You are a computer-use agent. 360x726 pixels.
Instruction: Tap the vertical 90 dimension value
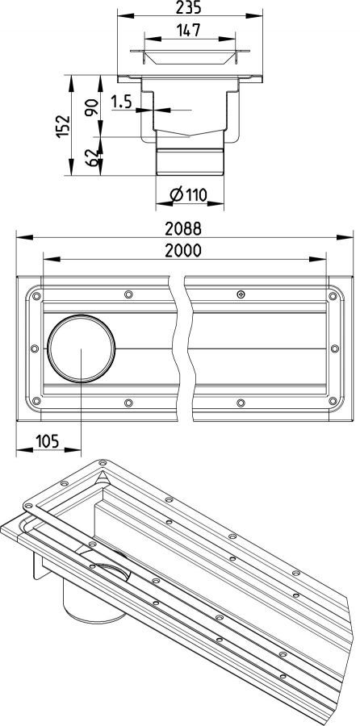click(92, 106)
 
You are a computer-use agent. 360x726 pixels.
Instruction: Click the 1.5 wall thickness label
click(121, 102)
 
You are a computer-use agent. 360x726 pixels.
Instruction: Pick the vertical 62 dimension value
click(92, 157)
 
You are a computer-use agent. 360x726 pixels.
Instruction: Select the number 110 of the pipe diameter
click(196, 195)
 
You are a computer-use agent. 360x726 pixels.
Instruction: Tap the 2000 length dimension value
click(184, 251)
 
